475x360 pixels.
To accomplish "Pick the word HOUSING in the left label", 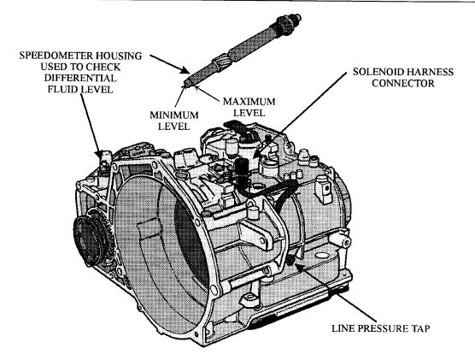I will coord(119,56).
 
